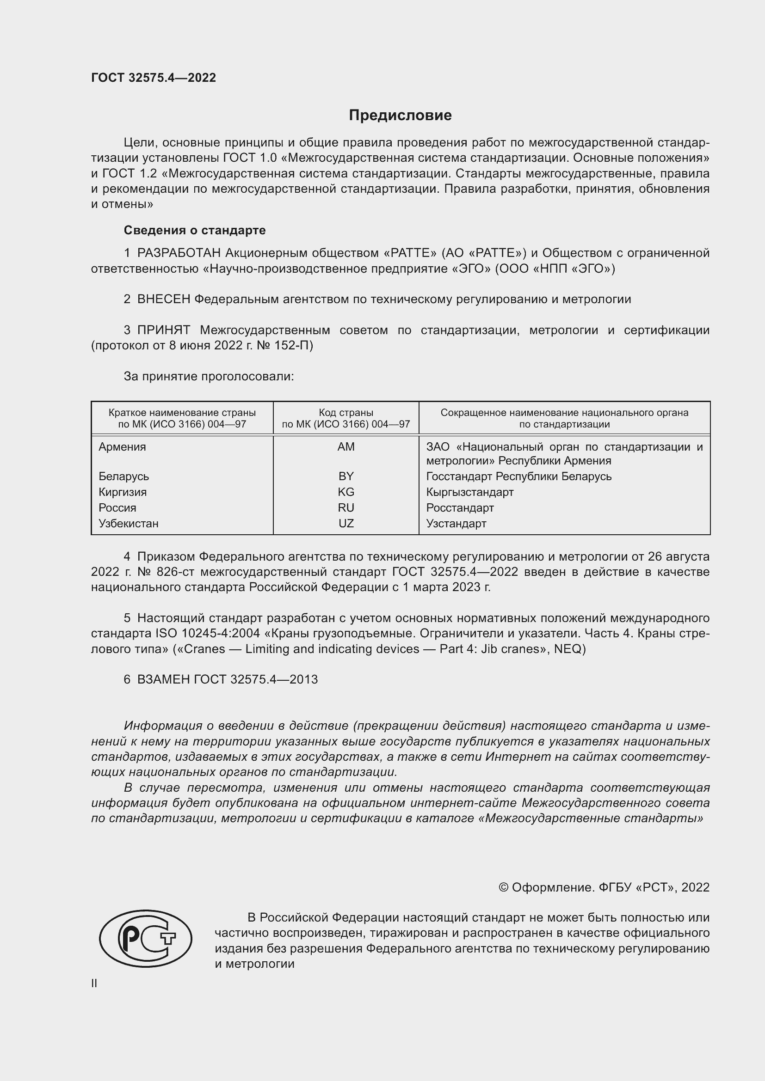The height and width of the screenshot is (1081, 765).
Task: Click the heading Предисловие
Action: coord(400,116)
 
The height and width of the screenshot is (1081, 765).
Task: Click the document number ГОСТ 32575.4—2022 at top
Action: coord(154,78)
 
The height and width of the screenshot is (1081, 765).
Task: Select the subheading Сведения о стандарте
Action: coord(195,230)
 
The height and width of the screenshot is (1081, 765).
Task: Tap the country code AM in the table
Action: coord(346,447)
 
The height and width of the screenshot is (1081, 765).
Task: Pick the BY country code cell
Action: coord(346,476)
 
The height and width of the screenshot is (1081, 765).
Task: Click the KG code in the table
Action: coord(346,492)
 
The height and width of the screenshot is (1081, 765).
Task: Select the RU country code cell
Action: coord(346,507)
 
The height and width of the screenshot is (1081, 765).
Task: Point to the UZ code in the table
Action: coord(346,524)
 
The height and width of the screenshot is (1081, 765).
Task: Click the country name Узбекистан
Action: coord(129,524)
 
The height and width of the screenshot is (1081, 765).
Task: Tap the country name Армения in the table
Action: coord(123,447)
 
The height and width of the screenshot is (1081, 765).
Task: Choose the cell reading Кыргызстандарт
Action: coord(469,492)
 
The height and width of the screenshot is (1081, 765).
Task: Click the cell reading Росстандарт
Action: coord(460,507)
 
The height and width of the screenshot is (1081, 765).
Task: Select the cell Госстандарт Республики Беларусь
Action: coord(518,476)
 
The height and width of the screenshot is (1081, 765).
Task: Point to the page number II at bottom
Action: coord(94,983)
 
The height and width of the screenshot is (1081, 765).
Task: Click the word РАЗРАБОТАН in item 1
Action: coord(179,253)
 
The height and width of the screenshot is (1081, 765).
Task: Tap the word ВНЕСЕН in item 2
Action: coord(163,299)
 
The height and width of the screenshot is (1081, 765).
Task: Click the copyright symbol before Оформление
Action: coord(503,887)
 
